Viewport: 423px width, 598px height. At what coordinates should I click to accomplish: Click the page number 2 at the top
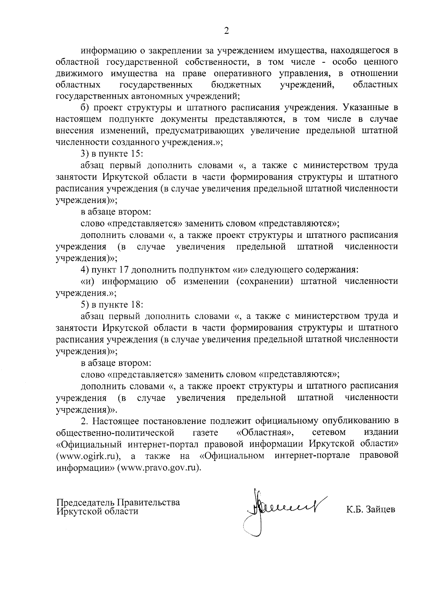[x=226, y=31]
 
